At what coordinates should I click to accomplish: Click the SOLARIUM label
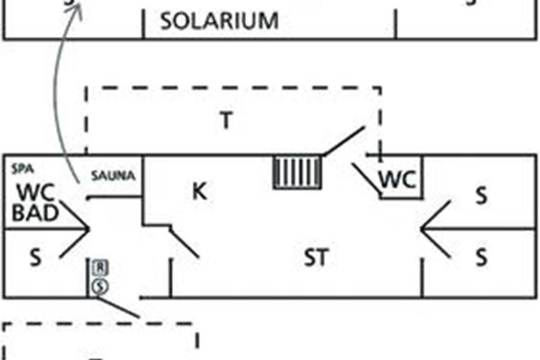click(219, 21)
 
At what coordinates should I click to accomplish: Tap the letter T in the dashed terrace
click(226, 120)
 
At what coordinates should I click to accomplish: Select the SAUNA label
click(113, 176)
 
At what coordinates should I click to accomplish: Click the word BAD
click(35, 213)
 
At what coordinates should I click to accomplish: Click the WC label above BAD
click(36, 193)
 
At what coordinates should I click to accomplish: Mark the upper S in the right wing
click(481, 196)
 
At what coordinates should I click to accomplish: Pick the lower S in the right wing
click(481, 258)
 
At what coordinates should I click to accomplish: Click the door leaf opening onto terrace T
click(344, 141)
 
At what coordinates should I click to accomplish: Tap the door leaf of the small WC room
click(367, 180)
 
